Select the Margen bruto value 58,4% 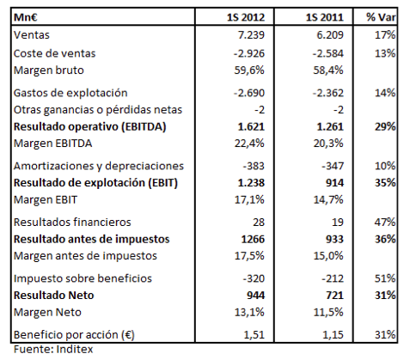click(331, 70)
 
